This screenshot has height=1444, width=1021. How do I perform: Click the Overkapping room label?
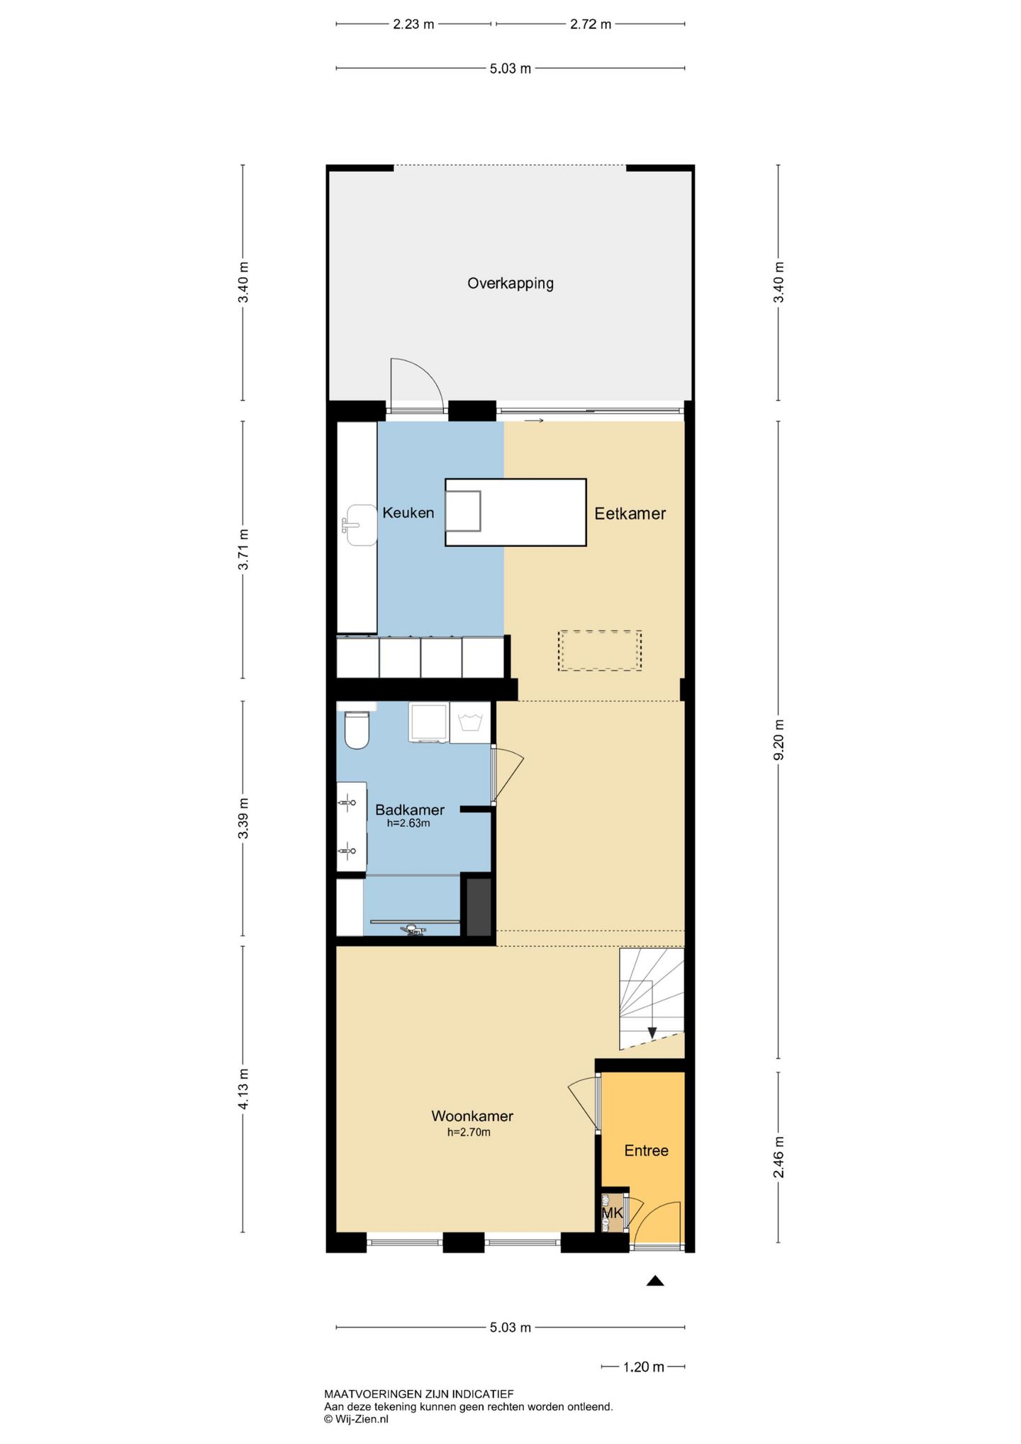pyautogui.click(x=510, y=284)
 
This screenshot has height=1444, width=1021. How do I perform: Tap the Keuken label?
pyautogui.click(x=408, y=512)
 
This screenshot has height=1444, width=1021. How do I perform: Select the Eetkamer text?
pyautogui.click(x=630, y=513)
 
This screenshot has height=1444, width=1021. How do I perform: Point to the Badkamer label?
pyautogui.click(x=409, y=809)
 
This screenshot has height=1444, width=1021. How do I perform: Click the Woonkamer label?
pyautogui.click(x=472, y=1116)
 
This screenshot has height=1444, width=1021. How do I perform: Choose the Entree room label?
pyautogui.click(x=646, y=1150)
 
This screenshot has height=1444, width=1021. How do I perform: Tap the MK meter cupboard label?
pyautogui.click(x=612, y=1213)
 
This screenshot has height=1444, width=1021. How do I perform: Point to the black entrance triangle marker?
pyautogui.click(x=655, y=1280)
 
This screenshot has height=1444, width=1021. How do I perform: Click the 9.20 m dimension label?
pyautogui.click(x=779, y=740)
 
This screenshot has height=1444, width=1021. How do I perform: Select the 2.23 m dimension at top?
pyautogui.click(x=413, y=24)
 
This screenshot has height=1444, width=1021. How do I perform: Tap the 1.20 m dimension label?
pyautogui.click(x=644, y=1367)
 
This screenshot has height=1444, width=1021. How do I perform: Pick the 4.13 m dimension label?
pyautogui.click(x=243, y=1089)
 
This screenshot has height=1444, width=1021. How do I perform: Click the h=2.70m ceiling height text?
pyautogui.click(x=469, y=1133)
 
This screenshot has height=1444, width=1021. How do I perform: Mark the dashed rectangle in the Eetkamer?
pyautogui.click(x=600, y=650)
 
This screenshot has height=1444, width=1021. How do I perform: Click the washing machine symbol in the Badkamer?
pyautogui.click(x=470, y=723)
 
